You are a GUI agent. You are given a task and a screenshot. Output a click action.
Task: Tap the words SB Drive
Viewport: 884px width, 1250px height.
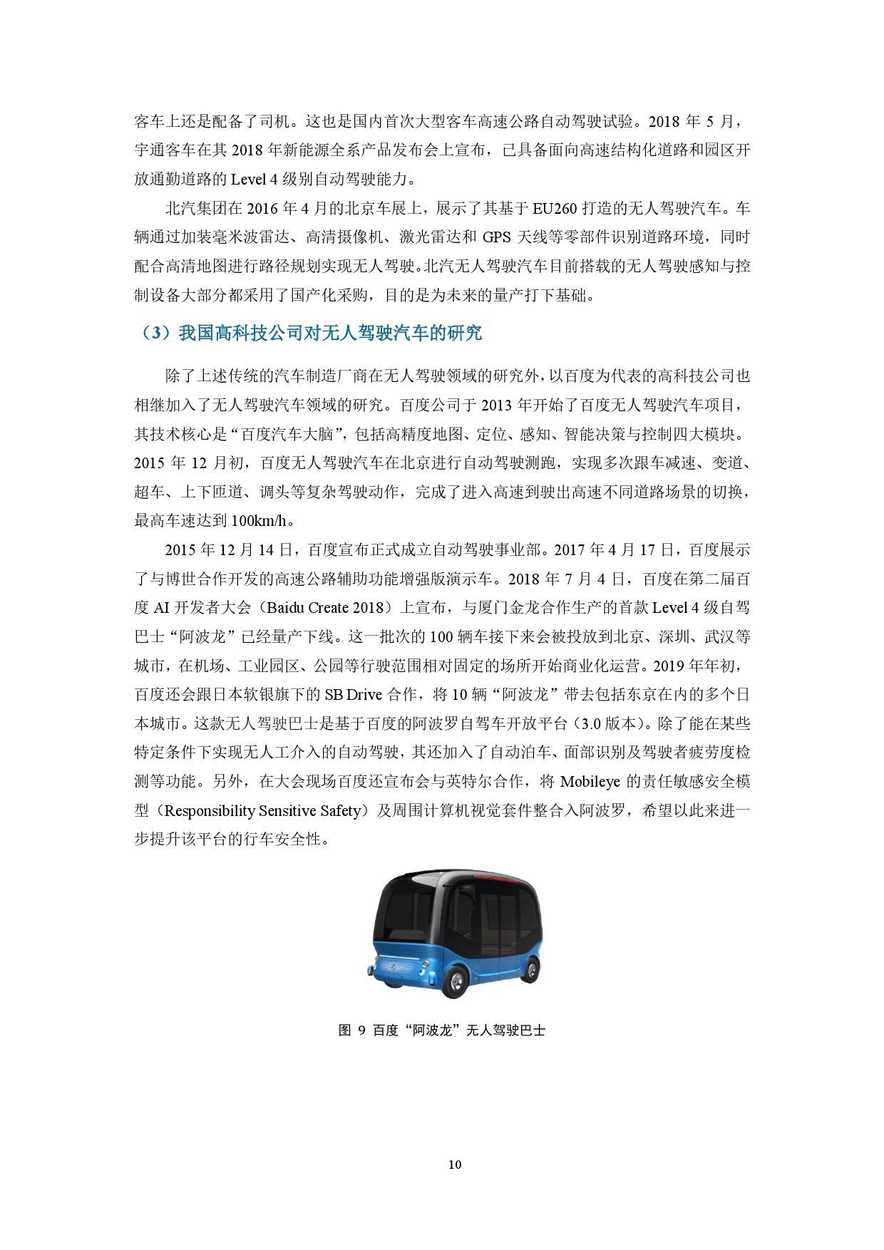click(x=354, y=695)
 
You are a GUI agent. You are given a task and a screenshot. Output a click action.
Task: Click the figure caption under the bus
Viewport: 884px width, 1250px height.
click(x=442, y=1030)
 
